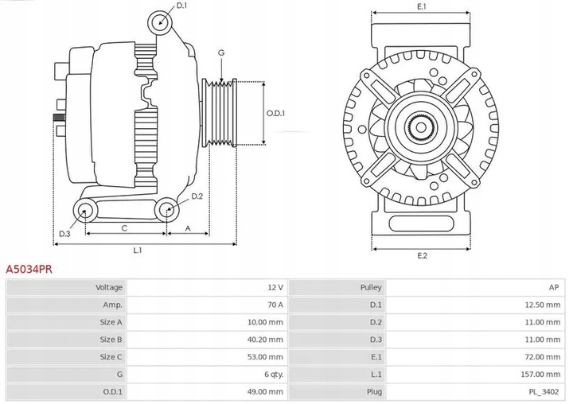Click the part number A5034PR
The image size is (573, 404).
(x=29, y=270)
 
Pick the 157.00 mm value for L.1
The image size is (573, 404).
(x=541, y=374)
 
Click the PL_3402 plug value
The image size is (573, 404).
(x=544, y=391)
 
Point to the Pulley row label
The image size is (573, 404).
(x=371, y=287)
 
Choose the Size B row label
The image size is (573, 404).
(x=111, y=339)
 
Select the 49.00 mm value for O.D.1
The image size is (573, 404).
(x=266, y=391)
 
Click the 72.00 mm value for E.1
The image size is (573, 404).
(x=544, y=356)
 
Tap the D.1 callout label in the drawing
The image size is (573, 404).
(x=181, y=6)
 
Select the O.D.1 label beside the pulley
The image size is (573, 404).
(x=275, y=113)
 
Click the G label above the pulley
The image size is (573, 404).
(x=220, y=52)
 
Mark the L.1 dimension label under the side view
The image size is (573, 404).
(x=137, y=251)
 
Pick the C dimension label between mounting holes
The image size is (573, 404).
(x=124, y=228)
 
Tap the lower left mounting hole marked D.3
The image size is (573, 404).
(x=84, y=210)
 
